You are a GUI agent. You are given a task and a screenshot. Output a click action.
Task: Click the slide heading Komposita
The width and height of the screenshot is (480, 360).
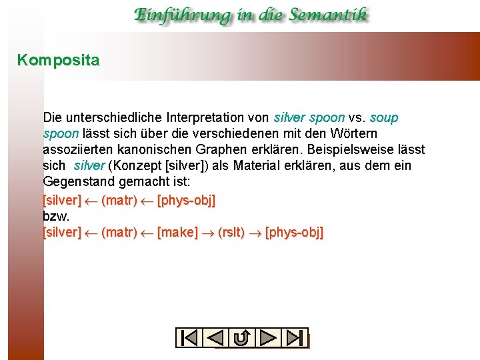(58, 61)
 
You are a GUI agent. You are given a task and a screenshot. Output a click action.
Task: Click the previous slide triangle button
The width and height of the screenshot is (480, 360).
(215, 338)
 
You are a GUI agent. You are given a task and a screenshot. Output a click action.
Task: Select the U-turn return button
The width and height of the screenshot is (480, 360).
(242, 338)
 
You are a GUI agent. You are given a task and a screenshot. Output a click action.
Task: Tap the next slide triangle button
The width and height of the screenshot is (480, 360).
(268, 338)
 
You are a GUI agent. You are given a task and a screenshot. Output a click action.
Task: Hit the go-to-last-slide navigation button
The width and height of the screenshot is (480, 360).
(294, 338)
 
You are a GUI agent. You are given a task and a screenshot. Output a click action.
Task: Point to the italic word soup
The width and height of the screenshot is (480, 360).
(383, 118)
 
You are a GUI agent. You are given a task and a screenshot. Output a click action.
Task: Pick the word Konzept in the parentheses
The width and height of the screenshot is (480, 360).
(141, 166)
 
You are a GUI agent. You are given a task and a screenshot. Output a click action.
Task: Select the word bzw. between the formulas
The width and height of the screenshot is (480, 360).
(56, 217)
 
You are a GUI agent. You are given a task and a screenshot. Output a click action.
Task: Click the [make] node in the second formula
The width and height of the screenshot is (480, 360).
(177, 233)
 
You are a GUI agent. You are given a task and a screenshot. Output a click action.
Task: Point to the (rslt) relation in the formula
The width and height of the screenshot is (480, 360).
(231, 233)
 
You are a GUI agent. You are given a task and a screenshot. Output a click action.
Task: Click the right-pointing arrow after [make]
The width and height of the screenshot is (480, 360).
(208, 233)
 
